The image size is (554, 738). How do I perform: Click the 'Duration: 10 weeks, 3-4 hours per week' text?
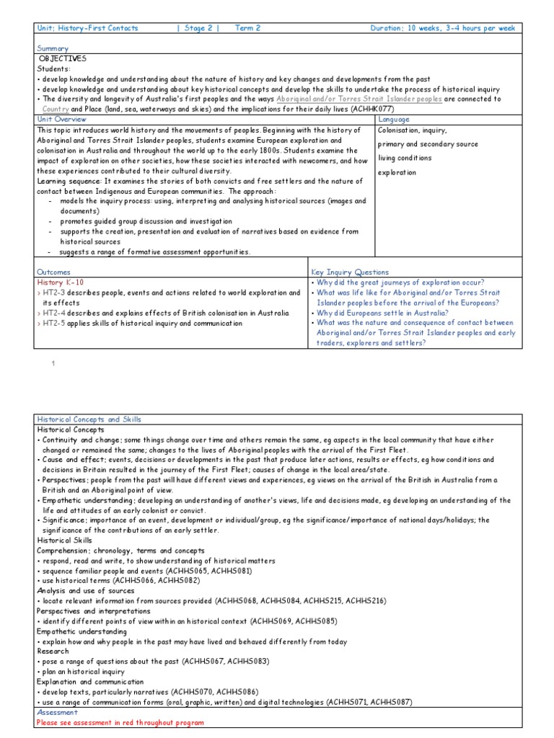pyautogui.click(x=443, y=28)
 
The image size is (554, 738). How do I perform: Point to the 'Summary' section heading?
pyautogui.click(x=52, y=48)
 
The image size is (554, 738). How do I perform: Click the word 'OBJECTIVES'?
pyautogui.click(x=63, y=58)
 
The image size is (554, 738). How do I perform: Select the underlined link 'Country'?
pyautogui.click(x=56, y=109)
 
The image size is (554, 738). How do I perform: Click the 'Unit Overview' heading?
pyautogui.click(x=61, y=119)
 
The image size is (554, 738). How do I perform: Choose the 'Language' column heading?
pyautogui.click(x=394, y=119)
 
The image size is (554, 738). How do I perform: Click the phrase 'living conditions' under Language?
pyautogui.click(x=405, y=158)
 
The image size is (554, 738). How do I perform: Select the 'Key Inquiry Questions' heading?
pyautogui.click(x=350, y=272)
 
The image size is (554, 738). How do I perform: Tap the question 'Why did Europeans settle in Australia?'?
pyautogui.click(x=382, y=313)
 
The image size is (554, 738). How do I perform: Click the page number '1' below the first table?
pyautogui.click(x=53, y=363)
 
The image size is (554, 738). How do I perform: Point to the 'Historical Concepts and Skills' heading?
pyautogui.click(x=89, y=419)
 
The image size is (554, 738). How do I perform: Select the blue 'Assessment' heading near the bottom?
pyautogui.click(x=56, y=712)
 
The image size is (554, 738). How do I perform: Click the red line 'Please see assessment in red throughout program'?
pyautogui.click(x=120, y=722)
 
